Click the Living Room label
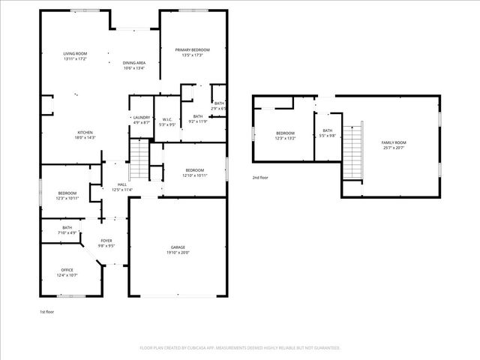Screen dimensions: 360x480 point(75,53)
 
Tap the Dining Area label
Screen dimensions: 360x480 point(134,63)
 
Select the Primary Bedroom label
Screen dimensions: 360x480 point(193,50)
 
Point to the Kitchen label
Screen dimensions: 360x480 point(84,133)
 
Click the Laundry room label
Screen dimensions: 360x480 point(142,117)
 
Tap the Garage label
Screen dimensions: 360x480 point(177,247)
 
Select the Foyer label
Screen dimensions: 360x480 point(107,241)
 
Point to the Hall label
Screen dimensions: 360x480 point(122,184)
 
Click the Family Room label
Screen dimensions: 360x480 point(393,142)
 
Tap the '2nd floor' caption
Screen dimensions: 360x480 point(260,178)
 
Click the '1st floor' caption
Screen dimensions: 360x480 point(47,311)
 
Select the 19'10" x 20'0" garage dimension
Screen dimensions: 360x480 point(177,253)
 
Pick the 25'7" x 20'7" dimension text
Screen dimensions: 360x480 point(393,148)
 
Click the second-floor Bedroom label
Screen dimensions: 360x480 point(286,133)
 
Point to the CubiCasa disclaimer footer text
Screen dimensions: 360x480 point(240,348)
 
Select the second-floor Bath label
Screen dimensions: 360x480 point(328,130)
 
